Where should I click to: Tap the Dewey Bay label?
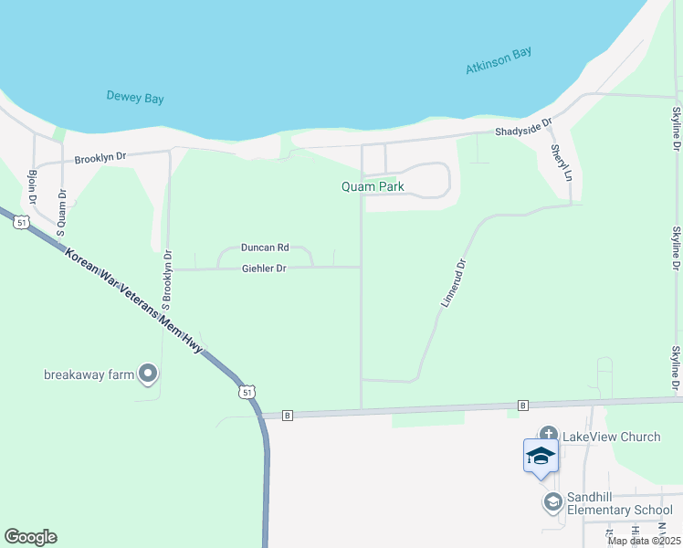(135, 97)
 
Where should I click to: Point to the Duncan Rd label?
(265, 247)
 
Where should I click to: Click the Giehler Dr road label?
(265, 269)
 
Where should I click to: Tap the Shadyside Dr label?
(525, 128)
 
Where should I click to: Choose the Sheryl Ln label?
(560, 162)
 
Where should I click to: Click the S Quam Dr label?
(62, 213)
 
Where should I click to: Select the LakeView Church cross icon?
(548, 436)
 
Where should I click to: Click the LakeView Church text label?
(611, 437)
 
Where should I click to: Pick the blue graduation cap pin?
(541, 455)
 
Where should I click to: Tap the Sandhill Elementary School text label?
(620, 503)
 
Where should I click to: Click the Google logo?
(30, 537)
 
